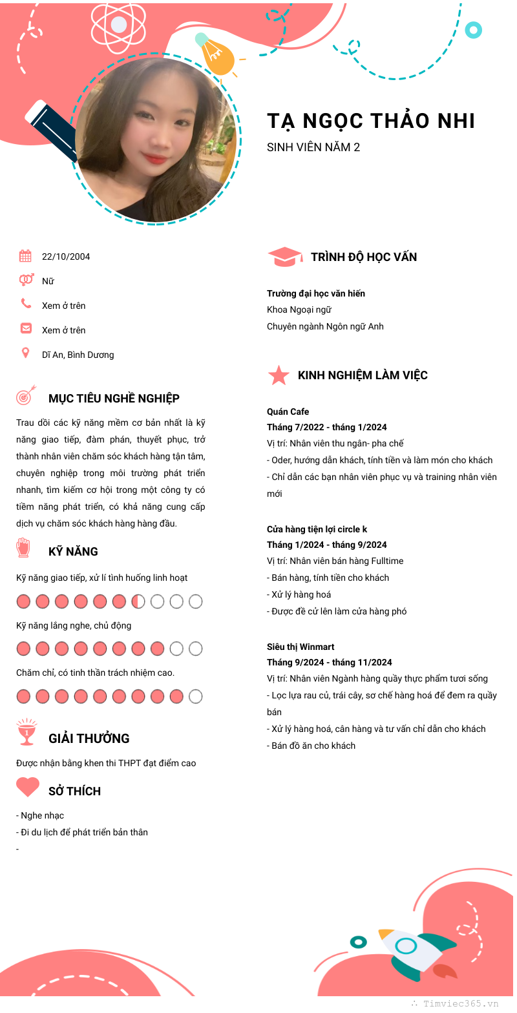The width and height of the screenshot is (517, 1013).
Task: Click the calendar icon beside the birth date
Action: point(25,256)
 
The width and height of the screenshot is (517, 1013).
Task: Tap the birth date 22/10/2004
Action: point(66,256)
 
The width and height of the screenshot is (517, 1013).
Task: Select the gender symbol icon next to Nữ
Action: point(26,280)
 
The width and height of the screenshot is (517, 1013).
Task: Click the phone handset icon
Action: point(26,304)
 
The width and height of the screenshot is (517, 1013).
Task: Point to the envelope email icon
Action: point(26,328)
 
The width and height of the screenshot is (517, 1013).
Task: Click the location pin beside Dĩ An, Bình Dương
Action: point(26,353)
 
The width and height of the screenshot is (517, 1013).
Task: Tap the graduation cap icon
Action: point(284,256)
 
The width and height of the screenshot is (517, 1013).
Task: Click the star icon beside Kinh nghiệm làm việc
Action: point(279,375)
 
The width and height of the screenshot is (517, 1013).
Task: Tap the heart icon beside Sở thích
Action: point(28,787)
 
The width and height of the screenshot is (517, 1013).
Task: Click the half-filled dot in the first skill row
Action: point(138,601)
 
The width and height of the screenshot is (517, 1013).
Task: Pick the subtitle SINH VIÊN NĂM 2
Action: point(313,147)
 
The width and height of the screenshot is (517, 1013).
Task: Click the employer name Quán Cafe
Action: point(288,412)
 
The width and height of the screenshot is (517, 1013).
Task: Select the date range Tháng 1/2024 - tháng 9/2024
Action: point(327,545)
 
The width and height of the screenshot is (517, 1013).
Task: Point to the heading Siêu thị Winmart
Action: point(301,647)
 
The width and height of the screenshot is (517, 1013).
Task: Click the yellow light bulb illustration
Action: point(217,56)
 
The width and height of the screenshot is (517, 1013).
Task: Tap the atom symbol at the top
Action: point(119,25)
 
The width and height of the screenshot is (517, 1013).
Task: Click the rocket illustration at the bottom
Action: point(414,950)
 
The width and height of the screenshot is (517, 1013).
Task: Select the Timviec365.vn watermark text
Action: point(461,1003)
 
